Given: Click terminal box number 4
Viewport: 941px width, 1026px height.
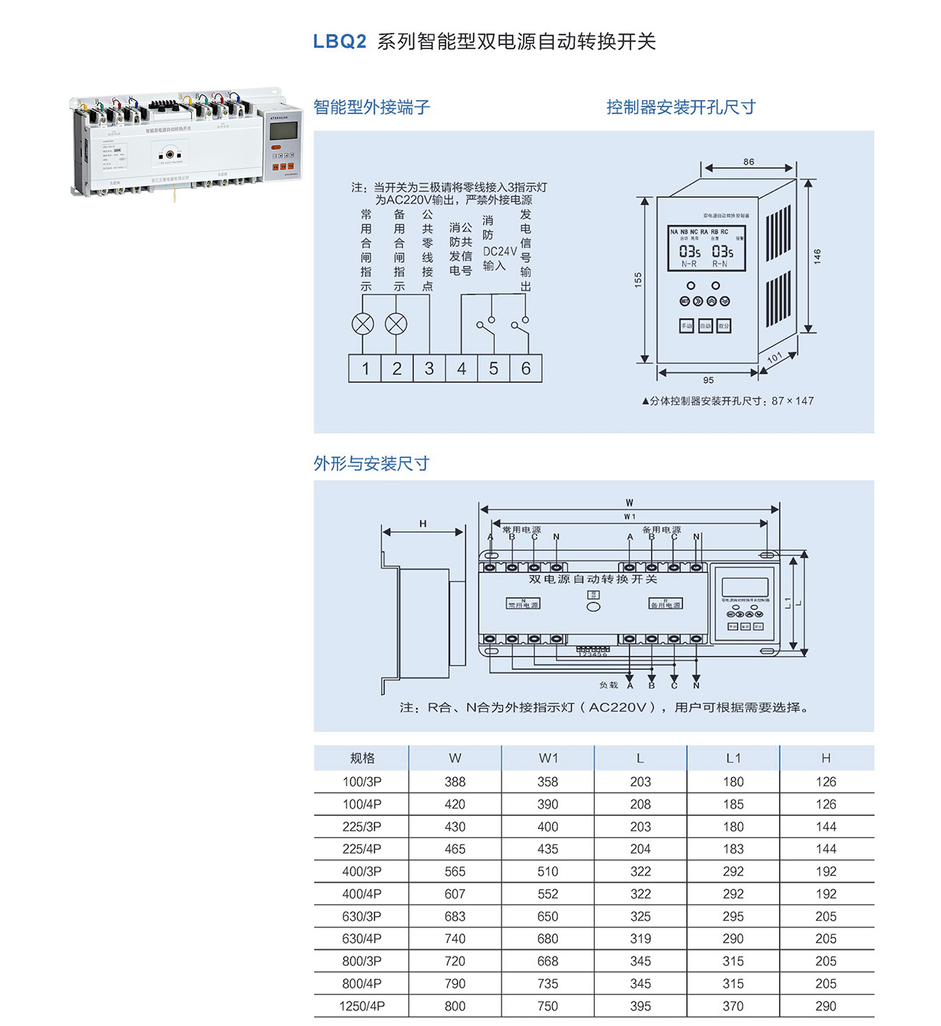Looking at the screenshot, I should click(x=461, y=369).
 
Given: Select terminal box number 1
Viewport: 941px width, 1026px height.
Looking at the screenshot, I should click(x=365, y=369).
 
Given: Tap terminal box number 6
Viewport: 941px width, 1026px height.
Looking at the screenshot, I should click(x=526, y=369).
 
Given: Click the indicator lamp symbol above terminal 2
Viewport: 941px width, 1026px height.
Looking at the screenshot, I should click(x=396, y=324).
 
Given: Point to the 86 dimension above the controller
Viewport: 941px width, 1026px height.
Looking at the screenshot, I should click(x=748, y=161).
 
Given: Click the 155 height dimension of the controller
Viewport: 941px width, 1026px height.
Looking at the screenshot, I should click(x=638, y=279).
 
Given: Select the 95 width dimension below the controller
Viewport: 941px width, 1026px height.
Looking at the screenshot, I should click(x=708, y=380).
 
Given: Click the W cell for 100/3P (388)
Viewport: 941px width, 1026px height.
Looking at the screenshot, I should click(x=455, y=782).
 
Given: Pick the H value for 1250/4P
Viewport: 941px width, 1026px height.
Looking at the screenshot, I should click(x=825, y=1006).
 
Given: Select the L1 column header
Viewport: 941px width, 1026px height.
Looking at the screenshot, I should click(x=733, y=758).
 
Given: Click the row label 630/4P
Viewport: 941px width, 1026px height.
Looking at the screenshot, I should click(x=362, y=939).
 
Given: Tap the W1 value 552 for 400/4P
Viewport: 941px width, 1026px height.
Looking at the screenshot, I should click(x=547, y=894).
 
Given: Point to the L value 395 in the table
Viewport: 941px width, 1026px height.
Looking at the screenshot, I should click(x=640, y=1006).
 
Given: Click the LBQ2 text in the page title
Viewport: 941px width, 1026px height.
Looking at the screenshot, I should click(x=339, y=41).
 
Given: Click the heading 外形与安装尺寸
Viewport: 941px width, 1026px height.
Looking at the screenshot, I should click(x=371, y=463).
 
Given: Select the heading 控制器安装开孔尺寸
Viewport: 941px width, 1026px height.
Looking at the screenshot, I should click(x=680, y=107).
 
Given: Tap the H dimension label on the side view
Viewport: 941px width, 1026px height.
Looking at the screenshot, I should click(x=423, y=523).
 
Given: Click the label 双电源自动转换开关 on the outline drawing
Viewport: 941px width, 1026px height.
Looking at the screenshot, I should click(x=593, y=579).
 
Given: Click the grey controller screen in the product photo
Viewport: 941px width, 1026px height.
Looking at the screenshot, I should click(x=283, y=130).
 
